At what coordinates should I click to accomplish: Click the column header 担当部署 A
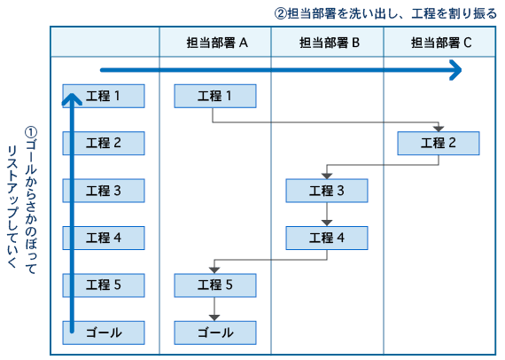(x=215, y=43)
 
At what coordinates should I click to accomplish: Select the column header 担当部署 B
(x=328, y=43)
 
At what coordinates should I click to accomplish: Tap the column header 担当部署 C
(x=440, y=43)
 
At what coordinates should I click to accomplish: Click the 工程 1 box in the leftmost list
(x=104, y=96)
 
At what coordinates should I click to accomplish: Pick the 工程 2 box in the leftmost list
(x=104, y=143)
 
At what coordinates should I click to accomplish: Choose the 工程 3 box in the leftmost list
(x=104, y=191)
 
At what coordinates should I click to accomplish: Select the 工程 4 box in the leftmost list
(x=104, y=238)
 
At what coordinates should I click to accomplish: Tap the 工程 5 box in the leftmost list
(x=104, y=286)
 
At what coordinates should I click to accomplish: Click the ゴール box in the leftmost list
(x=104, y=333)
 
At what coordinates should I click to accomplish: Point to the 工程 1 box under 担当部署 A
(x=215, y=96)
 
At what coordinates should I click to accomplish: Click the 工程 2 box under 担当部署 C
(x=439, y=143)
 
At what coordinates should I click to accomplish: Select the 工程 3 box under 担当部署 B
(x=327, y=191)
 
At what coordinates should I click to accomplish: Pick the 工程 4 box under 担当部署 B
(x=327, y=238)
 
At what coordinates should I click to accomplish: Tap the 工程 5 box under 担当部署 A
(x=215, y=286)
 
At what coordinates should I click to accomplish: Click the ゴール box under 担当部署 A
(x=215, y=333)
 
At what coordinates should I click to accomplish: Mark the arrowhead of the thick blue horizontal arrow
(x=455, y=70)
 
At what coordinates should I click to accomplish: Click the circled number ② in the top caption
(x=281, y=14)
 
